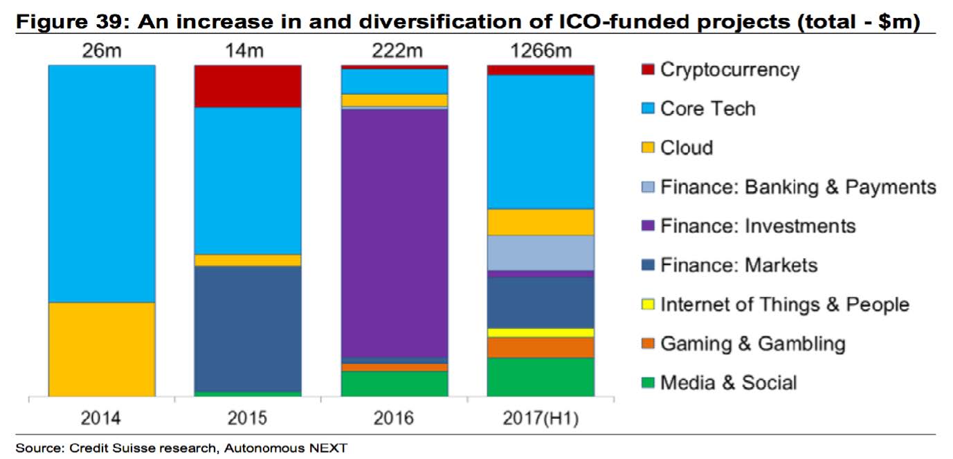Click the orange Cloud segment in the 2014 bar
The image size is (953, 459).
[x=102, y=349]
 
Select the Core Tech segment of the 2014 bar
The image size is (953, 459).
[x=102, y=183]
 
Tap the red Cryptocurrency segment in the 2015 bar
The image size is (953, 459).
[x=248, y=87]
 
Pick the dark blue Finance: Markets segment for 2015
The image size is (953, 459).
[x=248, y=329]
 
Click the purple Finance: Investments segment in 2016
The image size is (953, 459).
[x=394, y=233]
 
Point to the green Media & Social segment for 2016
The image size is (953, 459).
[x=394, y=384]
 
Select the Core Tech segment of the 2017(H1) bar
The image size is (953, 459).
[x=541, y=142]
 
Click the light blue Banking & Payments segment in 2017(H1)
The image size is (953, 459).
[x=541, y=253]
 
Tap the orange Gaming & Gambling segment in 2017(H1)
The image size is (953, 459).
[x=541, y=348]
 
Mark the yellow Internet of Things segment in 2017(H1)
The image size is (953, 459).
[x=541, y=333]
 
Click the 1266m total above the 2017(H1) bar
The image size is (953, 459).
[x=541, y=51]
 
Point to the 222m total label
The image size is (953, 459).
[x=394, y=51]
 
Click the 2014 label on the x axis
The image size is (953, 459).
[x=101, y=418]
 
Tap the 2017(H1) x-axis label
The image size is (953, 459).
[x=541, y=418]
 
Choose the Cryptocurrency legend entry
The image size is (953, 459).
[x=729, y=70]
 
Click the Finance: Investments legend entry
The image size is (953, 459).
[x=758, y=226]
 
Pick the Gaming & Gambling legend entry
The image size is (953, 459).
[x=752, y=344]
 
